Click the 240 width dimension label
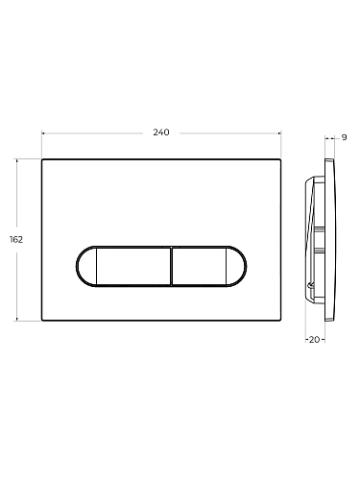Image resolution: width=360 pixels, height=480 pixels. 161,132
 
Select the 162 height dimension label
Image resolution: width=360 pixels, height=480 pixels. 16,239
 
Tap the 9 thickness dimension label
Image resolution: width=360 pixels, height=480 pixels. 344,137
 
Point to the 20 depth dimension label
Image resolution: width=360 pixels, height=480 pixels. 315,340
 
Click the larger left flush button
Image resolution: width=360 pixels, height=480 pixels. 133,266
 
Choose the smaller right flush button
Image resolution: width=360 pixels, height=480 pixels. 200,266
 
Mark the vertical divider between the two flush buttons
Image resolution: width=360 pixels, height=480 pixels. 172,266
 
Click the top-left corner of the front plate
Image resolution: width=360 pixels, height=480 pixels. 42,159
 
